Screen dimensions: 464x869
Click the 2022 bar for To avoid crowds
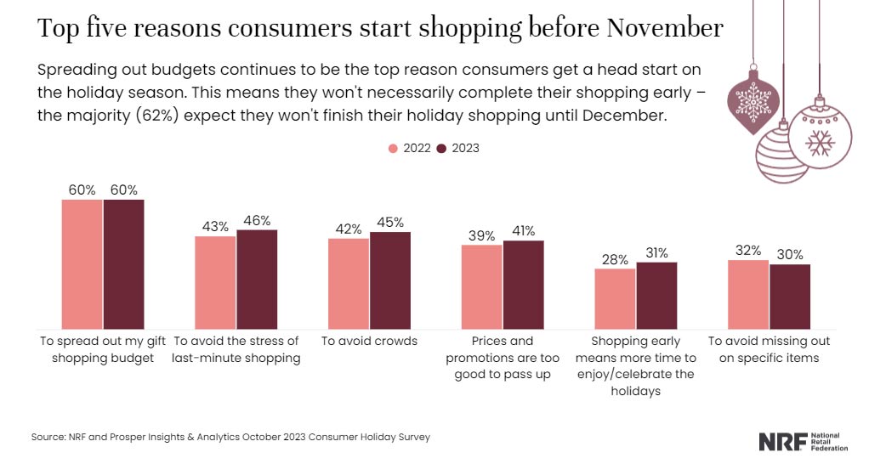click(349, 284)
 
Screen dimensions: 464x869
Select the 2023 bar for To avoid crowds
click(390, 280)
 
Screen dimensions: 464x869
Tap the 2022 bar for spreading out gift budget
click(82, 264)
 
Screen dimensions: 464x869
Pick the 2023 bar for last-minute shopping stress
click(257, 280)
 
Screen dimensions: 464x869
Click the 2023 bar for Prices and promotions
click(523, 285)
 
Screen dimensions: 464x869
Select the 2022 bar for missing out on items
click(748, 294)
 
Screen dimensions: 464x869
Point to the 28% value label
click(615, 258)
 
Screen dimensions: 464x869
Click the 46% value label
click(257, 220)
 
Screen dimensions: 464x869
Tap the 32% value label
click(748, 251)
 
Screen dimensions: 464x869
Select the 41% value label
click(523, 230)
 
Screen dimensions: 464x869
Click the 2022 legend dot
click(393, 148)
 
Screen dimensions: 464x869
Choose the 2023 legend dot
click(441, 148)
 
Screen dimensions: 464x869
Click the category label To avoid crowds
click(369, 341)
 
